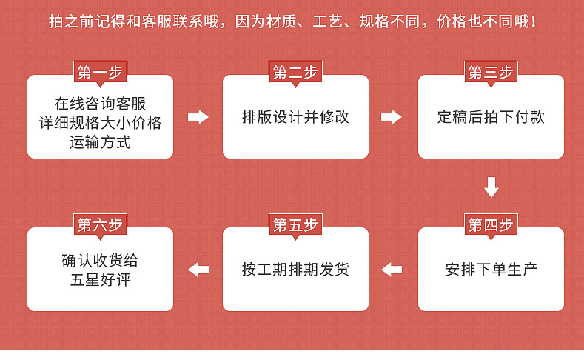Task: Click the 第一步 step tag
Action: tap(100, 73)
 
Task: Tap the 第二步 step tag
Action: tap(295, 73)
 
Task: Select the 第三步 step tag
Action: tap(491, 73)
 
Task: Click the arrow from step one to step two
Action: tap(198, 117)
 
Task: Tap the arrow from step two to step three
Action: tap(392, 117)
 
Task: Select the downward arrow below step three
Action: tap(491, 187)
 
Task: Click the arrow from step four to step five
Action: tap(392, 270)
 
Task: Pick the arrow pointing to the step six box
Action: tap(198, 270)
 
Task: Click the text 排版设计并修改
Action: tap(295, 117)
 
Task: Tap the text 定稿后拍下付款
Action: tap(491, 117)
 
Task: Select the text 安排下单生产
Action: tap(491, 269)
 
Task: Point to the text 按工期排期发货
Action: tap(295, 269)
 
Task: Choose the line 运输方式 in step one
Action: tap(100, 142)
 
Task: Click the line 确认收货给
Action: tap(100, 261)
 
